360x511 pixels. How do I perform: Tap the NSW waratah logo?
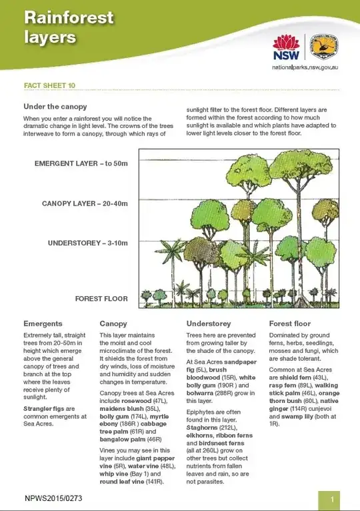[x=287, y=47]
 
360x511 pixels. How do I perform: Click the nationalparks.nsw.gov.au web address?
[x=306, y=67]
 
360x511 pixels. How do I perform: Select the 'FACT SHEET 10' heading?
[x=49, y=86]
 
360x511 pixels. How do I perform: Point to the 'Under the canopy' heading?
[x=55, y=107]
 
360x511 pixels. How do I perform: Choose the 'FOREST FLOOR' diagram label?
[x=101, y=298]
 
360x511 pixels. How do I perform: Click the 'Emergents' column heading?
[x=43, y=324]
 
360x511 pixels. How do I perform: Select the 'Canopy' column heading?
[x=113, y=324]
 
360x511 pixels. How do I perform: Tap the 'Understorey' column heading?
[x=209, y=324]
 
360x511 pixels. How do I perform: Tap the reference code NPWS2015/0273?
[x=54, y=498]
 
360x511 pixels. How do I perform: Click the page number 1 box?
[x=331, y=498]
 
